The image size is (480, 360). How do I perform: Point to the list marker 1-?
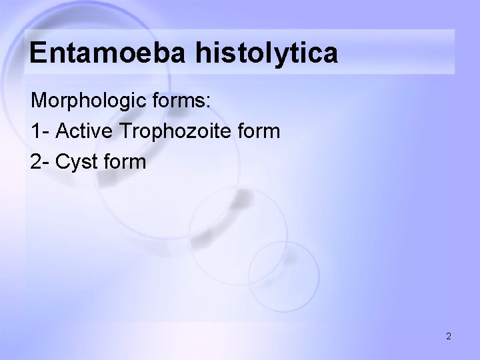click(x=39, y=131)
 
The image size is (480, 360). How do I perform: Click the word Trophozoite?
click(x=174, y=131)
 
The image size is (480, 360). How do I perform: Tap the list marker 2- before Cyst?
click(x=40, y=161)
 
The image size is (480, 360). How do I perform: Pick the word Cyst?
click(x=77, y=161)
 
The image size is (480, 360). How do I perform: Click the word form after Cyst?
click(x=124, y=161)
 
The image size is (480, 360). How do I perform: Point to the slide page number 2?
click(x=449, y=336)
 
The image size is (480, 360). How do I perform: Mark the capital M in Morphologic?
click(x=39, y=102)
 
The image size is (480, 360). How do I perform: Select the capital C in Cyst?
click(x=63, y=161)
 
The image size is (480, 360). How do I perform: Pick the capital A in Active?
click(x=63, y=131)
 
